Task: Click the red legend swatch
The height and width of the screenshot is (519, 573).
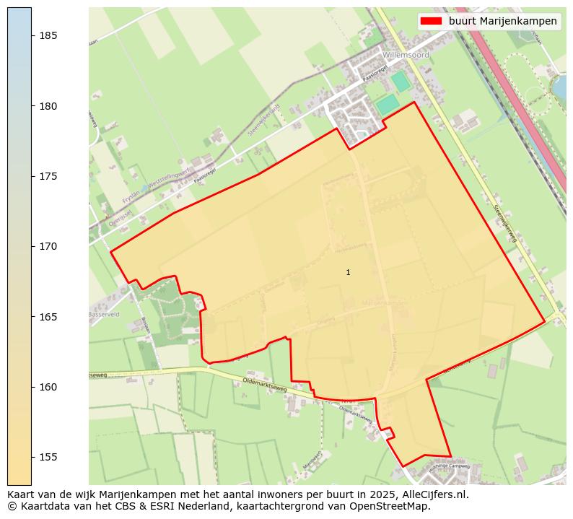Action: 432,21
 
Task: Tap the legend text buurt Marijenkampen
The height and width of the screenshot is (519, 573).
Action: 502,21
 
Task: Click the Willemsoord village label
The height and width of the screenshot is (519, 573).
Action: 406,55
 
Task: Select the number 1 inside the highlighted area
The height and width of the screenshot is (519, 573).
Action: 348,272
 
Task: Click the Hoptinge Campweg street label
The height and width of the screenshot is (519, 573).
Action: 450,467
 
